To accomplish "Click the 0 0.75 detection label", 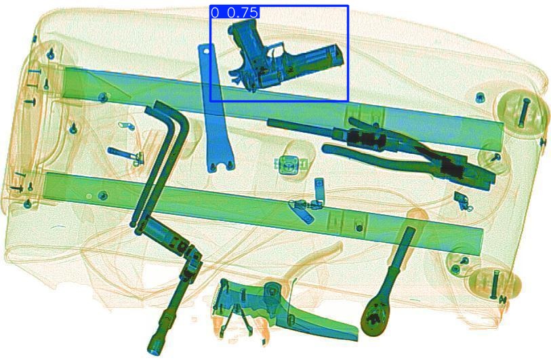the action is [x=234, y=12].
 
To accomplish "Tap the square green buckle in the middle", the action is [x=289, y=165].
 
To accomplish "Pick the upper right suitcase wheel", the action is [x=523, y=111].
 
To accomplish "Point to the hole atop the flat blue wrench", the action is [x=207, y=52].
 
